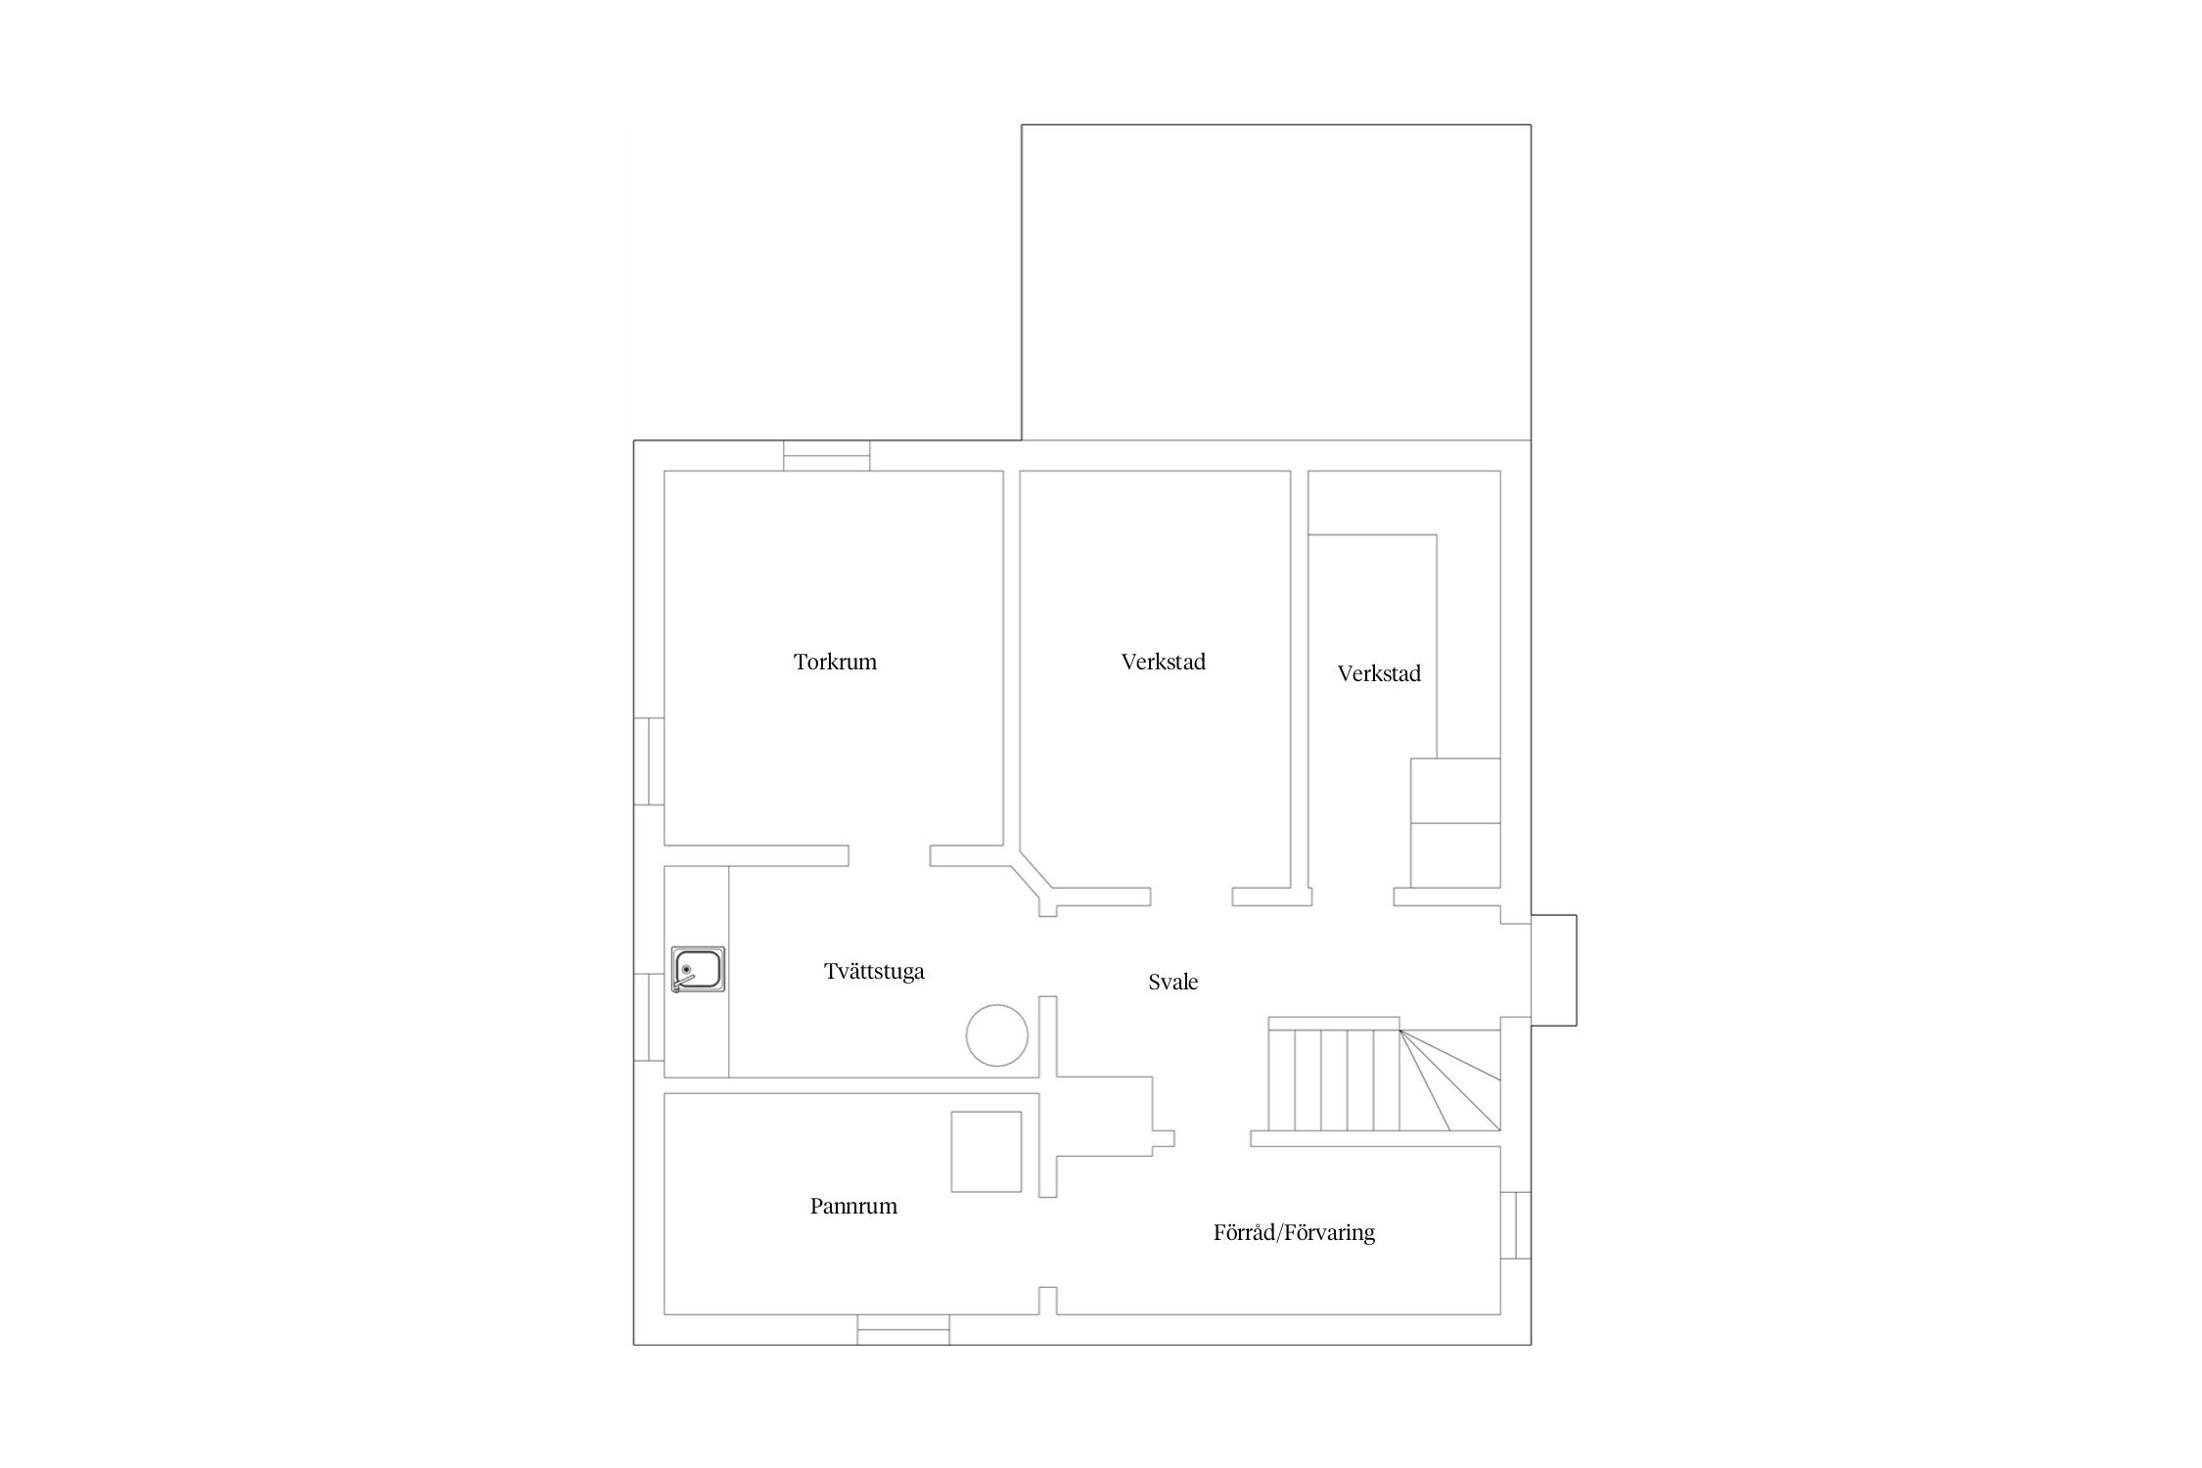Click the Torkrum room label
tap(835, 662)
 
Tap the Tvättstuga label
tap(874, 971)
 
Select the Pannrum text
tap(853, 1206)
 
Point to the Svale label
tap(1172, 982)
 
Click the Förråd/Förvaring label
tap(1294, 1232)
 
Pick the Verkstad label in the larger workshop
tap(1163, 662)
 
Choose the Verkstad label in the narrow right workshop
tap(1379, 673)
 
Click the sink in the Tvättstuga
tap(698, 970)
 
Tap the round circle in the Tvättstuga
tap(997, 1035)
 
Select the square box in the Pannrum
tap(986, 1152)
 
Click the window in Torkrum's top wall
tap(827, 456)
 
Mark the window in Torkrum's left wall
tap(649, 761)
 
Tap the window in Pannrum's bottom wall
tap(903, 1329)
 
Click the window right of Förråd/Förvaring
tap(1516, 1225)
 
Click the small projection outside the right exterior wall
tap(1554, 970)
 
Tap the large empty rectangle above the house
tap(1276, 283)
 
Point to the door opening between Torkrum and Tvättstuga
tap(889, 855)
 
